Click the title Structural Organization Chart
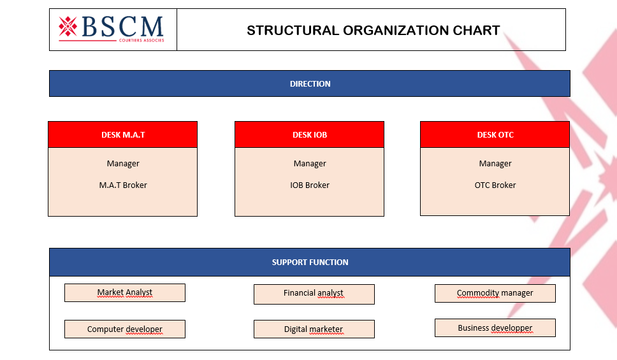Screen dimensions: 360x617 coord(373,30)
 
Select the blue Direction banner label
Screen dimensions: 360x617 coord(310,83)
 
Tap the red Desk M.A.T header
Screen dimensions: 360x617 coord(123,134)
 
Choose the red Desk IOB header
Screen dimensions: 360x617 coord(310,134)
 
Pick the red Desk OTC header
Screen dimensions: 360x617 coord(495,134)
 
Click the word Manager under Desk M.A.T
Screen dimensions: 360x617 coord(123,164)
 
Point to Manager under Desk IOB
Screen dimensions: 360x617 coord(310,164)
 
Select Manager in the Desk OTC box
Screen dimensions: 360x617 coord(495,164)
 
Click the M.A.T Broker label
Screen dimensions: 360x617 coord(123,185)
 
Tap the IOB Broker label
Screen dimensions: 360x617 coord(310,185)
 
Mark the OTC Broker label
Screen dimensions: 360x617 coord(495,185)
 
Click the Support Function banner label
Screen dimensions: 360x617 coord(310,262)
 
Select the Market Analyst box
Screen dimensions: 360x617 coord(125,292)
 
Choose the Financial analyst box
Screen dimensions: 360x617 coord(314,294)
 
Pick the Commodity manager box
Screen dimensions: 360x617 coord(495,293)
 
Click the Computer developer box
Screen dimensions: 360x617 coord(125,329)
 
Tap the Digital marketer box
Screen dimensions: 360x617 coord(314,329)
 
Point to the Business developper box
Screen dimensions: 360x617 coord(495,328)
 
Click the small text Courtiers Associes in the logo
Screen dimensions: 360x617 coord(142,40)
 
